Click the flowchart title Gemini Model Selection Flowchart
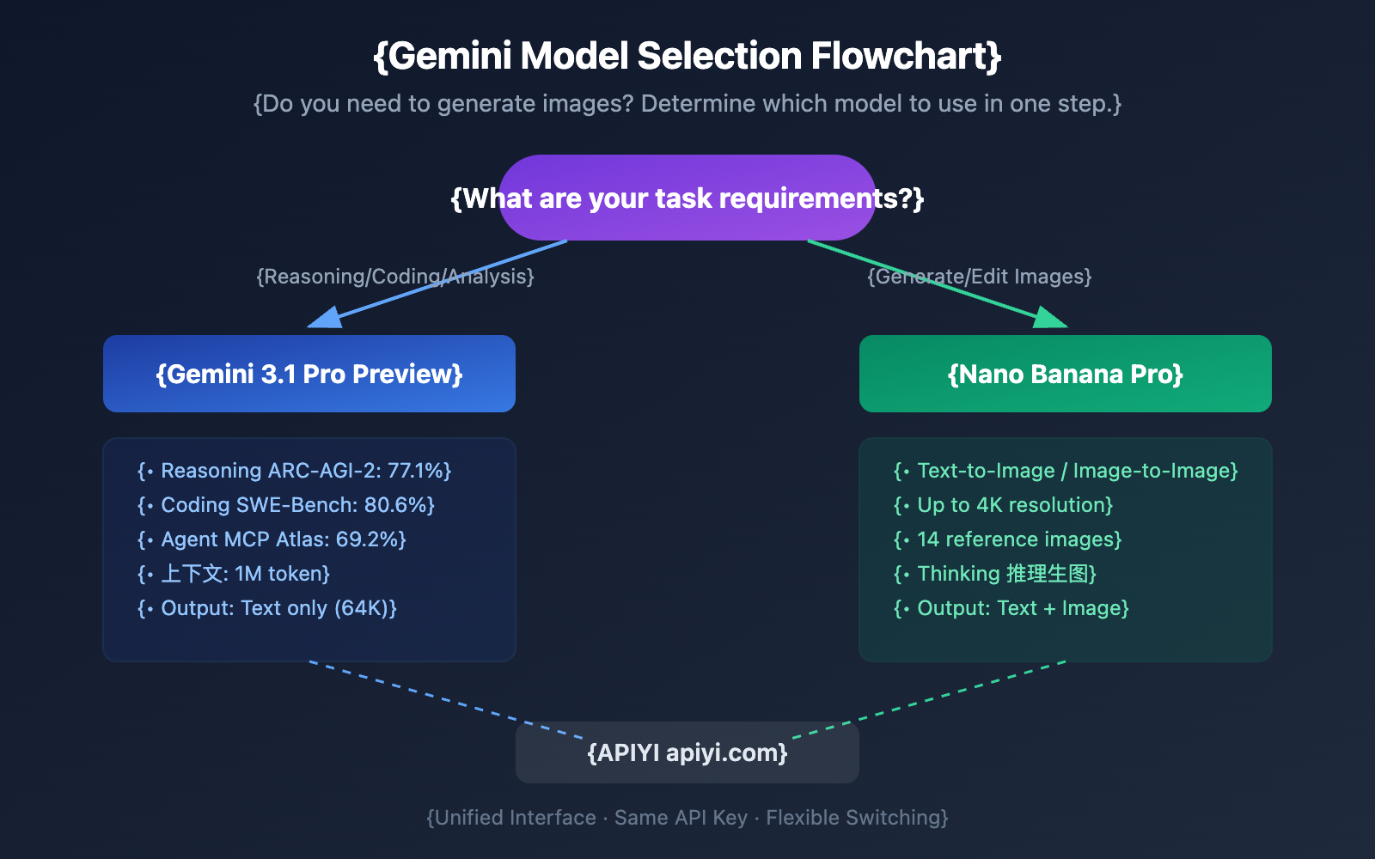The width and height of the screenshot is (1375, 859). [687, 57]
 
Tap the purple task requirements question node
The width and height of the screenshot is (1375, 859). [687, 198]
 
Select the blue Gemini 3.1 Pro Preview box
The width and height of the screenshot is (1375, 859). [309, 374]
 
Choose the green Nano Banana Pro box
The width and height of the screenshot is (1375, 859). [1065, 374]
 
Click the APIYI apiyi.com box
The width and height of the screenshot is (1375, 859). [687, 752]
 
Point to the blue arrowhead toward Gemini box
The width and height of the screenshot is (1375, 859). [326, 319]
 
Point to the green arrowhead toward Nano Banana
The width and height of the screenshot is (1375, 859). [1049, 319]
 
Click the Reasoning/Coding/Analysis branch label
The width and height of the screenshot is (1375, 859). [394, 277]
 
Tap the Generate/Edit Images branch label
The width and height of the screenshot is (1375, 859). [979, 277]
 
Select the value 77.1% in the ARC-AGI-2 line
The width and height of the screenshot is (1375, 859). [416, 471]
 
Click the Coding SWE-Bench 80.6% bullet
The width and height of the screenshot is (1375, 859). [286, 505]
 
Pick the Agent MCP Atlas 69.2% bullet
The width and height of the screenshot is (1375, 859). [272, 539]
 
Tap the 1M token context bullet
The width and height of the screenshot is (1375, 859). [234, 574]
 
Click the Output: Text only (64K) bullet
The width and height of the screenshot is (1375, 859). [267, 608]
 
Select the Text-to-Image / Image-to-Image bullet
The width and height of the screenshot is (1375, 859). [1066, 471]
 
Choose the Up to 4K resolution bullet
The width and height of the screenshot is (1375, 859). [1003, 505]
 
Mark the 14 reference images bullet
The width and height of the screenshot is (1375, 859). [1008, 539]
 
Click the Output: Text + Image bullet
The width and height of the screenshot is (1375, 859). [1011, 608]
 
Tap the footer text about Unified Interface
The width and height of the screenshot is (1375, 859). [687, 818]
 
